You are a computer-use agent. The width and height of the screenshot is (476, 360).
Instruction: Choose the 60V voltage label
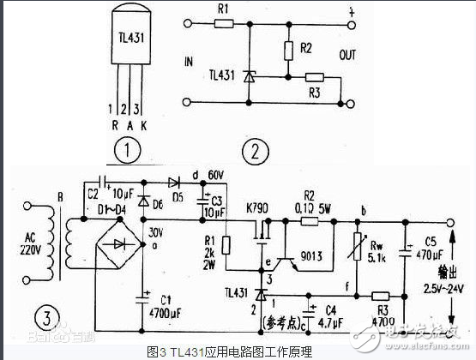tap(216, 176)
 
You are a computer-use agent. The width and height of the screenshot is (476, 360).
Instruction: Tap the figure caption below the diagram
tap(238, 351)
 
